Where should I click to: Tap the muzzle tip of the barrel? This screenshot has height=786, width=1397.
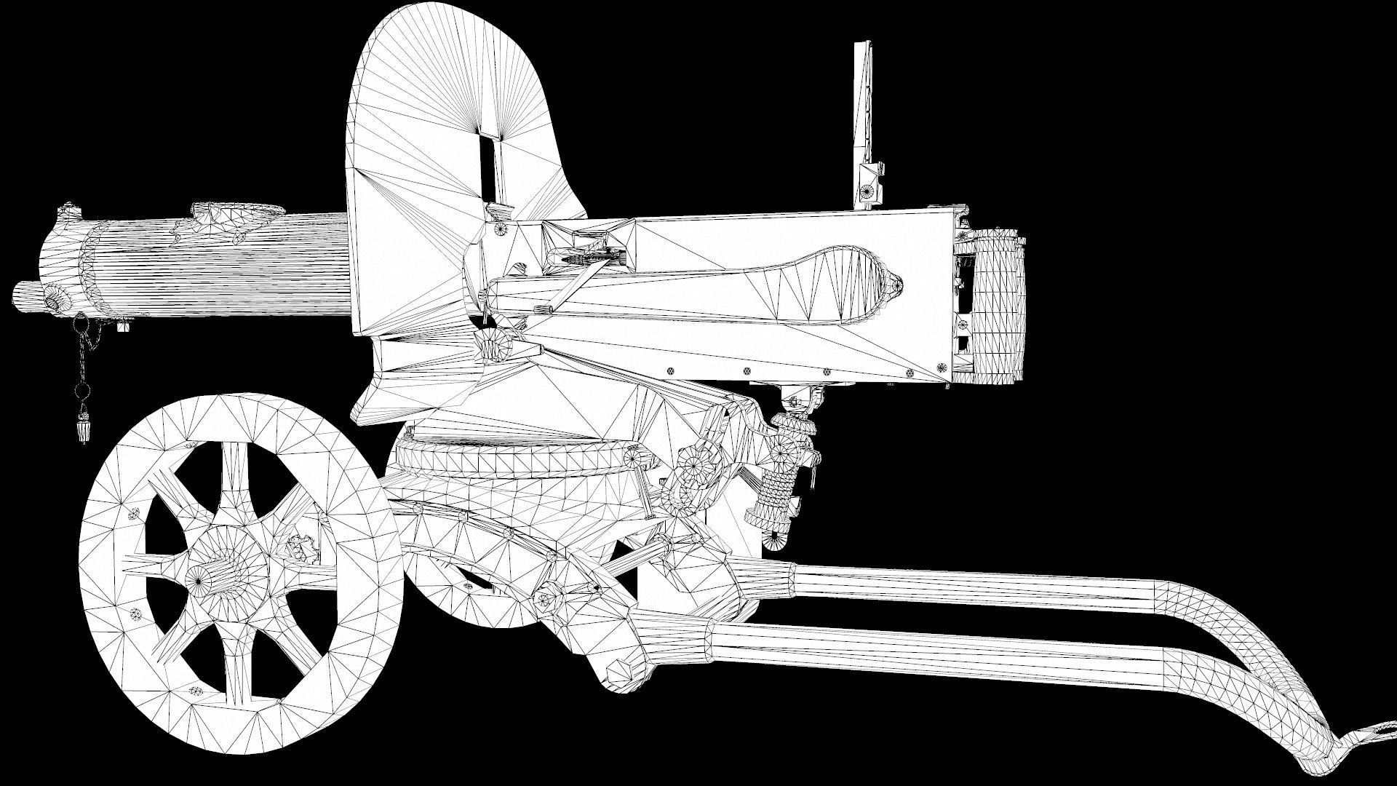pos(22,295)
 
